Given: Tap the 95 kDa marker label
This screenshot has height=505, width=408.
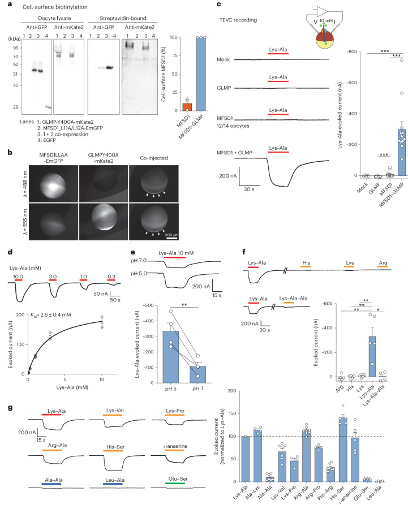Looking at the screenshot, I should click(17, 48).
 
